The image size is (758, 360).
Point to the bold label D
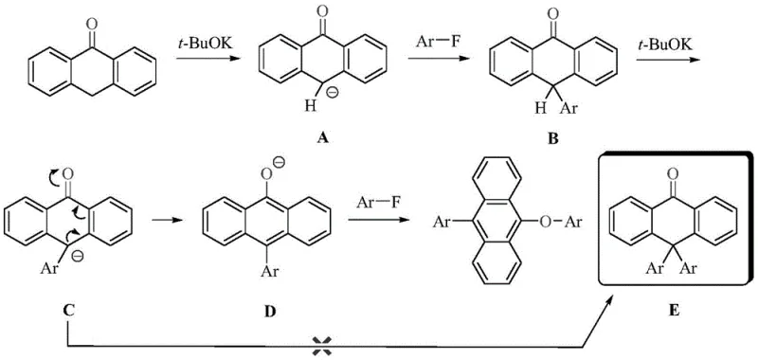click(x=267, y=308)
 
